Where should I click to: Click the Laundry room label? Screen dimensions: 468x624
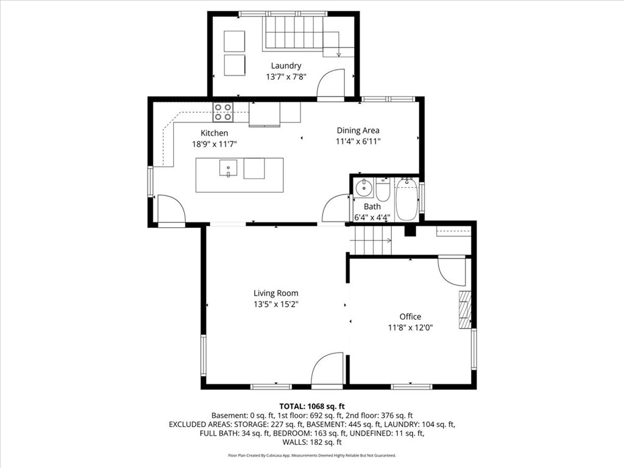point(286,66)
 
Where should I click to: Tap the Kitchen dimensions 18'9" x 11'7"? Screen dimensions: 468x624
point(214,144)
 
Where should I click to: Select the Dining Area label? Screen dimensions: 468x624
point(358,130)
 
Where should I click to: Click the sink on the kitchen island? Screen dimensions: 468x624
point(228,168)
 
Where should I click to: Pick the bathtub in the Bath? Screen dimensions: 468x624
point(406,199)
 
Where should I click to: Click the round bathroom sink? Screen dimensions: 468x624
point(364,188)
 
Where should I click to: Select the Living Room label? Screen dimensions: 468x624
point(276,293)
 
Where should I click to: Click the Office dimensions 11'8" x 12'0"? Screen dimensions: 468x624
point(410,327)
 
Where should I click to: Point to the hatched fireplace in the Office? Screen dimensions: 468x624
point(466,310)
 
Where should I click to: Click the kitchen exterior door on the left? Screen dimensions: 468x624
point(171,210)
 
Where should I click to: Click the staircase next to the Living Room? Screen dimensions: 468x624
point(369,239)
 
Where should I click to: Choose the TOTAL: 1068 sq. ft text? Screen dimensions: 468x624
point(311,406)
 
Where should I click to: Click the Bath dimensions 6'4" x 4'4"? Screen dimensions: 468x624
point(372,217)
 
